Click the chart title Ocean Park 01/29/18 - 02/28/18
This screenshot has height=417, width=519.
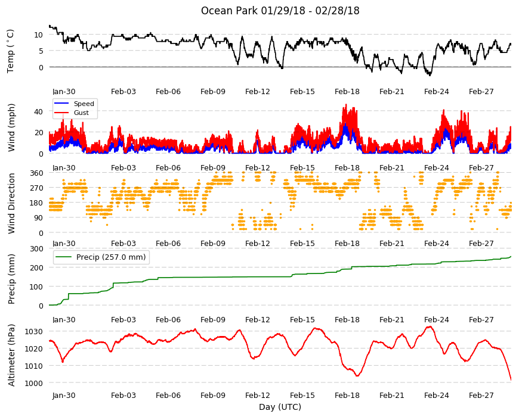(280, 11)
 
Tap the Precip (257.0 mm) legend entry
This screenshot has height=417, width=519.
(101, 257)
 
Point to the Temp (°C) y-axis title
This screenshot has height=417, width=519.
(11, 51)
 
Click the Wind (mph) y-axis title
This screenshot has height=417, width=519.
(11, 127)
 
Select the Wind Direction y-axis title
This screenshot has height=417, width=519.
(11, 204)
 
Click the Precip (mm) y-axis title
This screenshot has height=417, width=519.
(11, 279)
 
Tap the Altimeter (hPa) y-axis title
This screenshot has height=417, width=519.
(11, 355)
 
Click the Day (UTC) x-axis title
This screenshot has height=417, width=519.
(280, 407)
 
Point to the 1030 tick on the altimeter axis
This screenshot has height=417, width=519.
(34, 331)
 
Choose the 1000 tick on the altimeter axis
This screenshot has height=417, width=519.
(34, 383)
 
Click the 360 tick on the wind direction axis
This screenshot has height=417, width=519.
(36, 173)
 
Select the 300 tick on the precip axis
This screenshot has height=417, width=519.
(36, 248)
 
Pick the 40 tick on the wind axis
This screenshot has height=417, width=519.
(38, 111)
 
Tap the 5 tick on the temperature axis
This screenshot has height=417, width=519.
(41, 51)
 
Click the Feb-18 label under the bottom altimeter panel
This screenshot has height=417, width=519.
(347, 395)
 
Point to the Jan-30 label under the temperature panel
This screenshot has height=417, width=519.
(64, 92)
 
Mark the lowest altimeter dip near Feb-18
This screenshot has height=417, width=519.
(357, 376)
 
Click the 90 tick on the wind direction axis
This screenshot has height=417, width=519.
(39, 218)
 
